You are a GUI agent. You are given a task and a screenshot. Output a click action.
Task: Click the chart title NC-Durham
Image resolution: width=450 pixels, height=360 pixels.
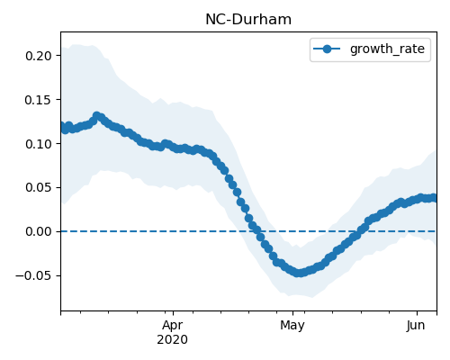tap(248, 20)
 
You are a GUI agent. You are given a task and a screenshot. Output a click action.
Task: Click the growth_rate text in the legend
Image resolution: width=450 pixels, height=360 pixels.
tap(387, 49)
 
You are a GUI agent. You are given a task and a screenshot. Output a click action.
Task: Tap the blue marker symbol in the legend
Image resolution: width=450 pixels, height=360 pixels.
tap(327, 49)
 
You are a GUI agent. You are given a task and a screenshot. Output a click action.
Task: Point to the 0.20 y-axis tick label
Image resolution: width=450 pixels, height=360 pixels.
tap(39, 56)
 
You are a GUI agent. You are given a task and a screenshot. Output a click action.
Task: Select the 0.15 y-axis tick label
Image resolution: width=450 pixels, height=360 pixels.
tap(39, 100)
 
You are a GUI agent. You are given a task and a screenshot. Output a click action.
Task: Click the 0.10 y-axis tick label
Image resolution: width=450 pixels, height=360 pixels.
tap(39, 144)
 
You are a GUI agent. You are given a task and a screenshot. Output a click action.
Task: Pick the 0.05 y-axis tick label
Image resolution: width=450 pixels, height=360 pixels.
tap(39, 187)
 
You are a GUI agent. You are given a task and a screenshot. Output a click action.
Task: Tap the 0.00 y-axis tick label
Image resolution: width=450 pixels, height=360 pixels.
tap(39, 231)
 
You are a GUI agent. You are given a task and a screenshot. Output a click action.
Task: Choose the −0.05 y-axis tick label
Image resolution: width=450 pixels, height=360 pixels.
tap(34, 275)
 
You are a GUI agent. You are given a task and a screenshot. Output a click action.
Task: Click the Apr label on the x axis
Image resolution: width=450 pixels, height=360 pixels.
tap(173, 326)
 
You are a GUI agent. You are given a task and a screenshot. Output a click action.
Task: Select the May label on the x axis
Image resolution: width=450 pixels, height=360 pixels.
tap(292, 326)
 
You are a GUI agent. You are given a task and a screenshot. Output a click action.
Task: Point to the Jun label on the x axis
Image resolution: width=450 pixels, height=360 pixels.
tap(416, 326)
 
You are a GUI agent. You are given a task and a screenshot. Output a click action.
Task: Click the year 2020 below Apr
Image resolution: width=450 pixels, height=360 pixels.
tap(173, 339)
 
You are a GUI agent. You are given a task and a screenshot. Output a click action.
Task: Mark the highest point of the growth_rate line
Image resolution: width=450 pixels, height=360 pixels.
tap(96, 116)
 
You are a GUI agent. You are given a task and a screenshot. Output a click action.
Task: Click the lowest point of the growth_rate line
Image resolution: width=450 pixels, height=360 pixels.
tap(299, 273)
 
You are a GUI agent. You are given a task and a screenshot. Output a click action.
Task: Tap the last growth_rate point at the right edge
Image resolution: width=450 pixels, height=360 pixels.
tap(433, 198)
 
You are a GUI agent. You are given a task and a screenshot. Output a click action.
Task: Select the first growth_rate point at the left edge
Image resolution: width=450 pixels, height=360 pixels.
tap(62, 127)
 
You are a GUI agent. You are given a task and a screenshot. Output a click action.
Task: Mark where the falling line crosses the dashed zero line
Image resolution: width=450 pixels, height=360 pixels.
tap(257, 231)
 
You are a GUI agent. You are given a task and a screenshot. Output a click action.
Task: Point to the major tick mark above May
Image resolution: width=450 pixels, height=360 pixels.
tap(292, 313)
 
